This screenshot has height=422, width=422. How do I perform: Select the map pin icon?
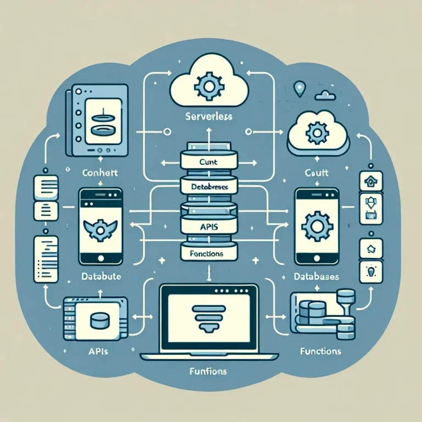click(299, 88)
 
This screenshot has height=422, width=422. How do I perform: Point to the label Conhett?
click(96, 171)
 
